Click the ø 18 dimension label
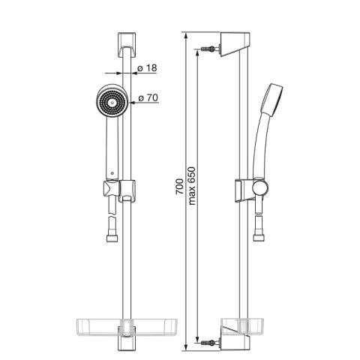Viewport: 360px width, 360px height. tap(147, 67)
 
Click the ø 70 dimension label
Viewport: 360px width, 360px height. tap(148, 97)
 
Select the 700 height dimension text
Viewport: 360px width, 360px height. tap(179, 187)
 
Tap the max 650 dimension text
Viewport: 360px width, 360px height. tap(192, 186)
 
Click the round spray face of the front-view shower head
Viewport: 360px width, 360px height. tap(112, 103)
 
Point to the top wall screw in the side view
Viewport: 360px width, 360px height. tap(208, 49)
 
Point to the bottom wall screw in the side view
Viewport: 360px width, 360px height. tap(208, 343)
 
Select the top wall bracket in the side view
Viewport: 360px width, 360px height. tap(235, 43)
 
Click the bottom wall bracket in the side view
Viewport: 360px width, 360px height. tap(235, 343)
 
